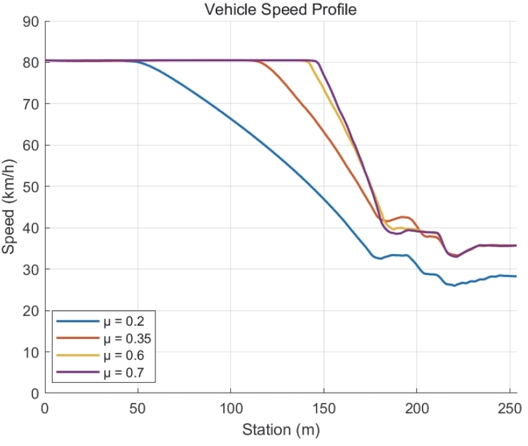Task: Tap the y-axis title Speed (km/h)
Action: pyautogui.click(x=9, y=207)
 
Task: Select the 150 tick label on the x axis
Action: pyautogui.click(x=323, y=408)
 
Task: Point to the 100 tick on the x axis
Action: pyautogui.click(x=230, y=408)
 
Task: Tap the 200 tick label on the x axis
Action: pyautogui.click(x=416, y=408)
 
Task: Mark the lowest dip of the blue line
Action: pyautogui.click(x=454, y=286)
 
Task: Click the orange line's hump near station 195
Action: pyautogui.click(x=405, y=216)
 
